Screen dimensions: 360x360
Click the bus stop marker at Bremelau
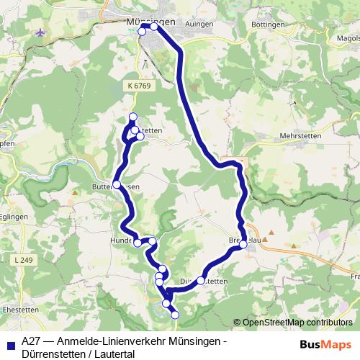coord(243,245)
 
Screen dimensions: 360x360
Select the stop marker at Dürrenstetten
coord(201,281)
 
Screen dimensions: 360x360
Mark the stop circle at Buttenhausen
coord(117,185)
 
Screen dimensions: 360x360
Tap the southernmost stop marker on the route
coord(174,313)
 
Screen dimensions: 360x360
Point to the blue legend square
coord(10,343)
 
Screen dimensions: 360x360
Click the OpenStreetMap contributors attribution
coord(297,323)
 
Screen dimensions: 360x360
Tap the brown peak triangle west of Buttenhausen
coord(73,194)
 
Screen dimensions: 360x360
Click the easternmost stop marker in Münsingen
coord(154,27)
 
